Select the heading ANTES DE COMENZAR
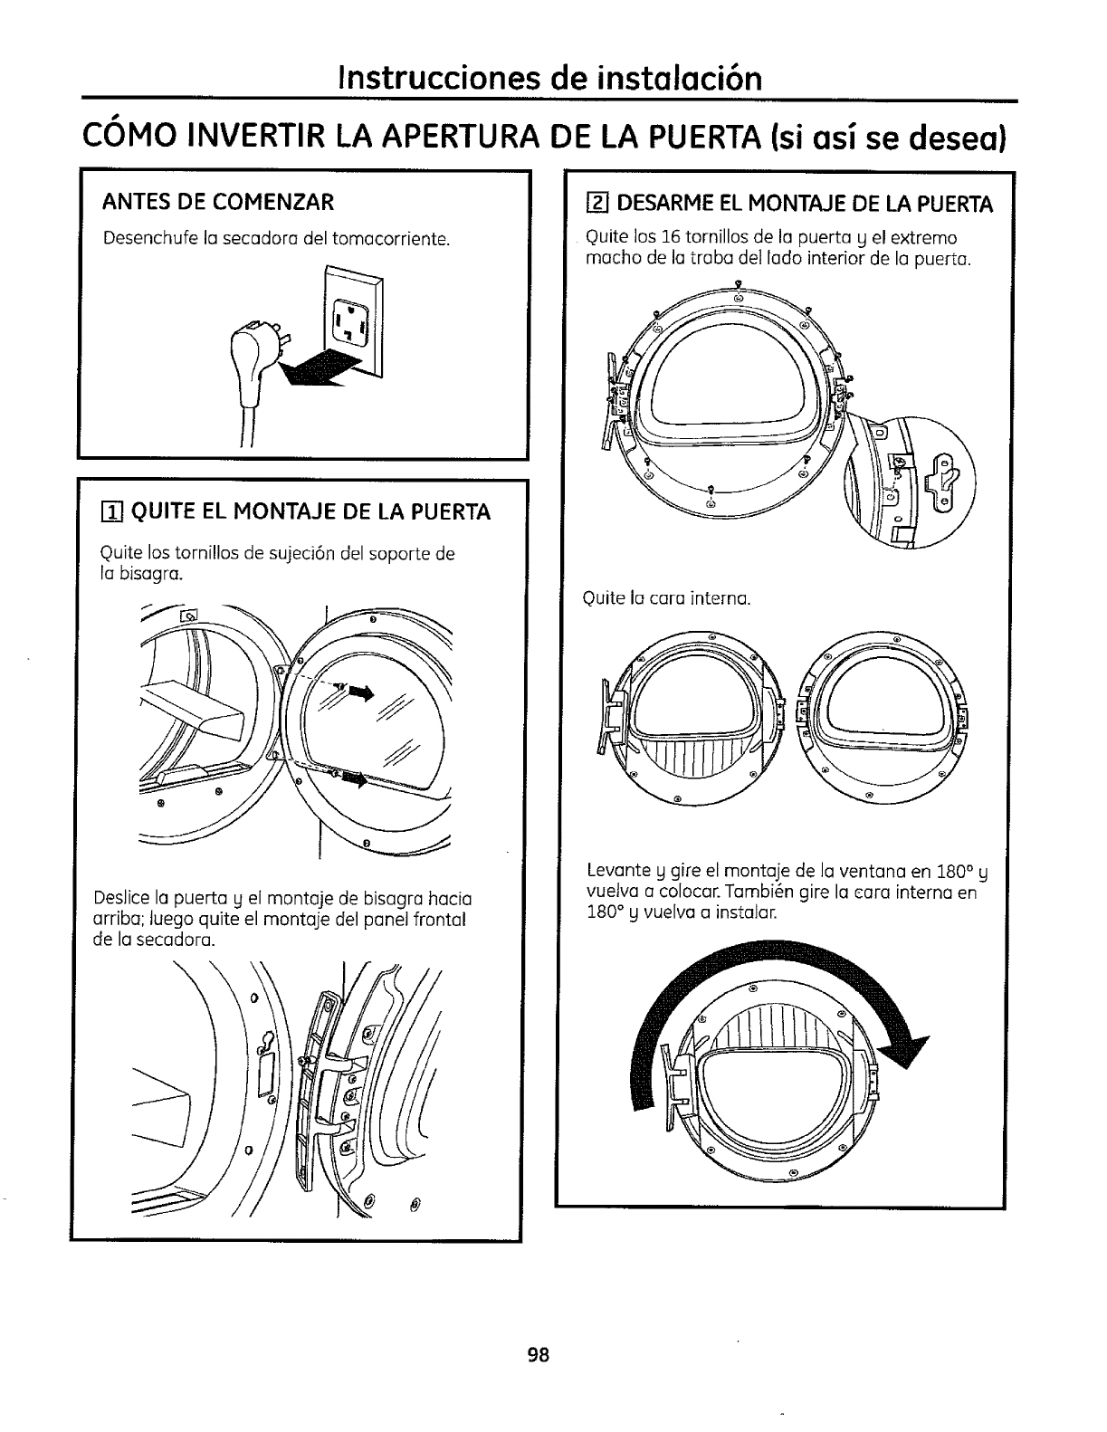[219, 200]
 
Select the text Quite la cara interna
[668, 598]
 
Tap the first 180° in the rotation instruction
[957, 874]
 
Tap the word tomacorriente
[391, 239]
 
